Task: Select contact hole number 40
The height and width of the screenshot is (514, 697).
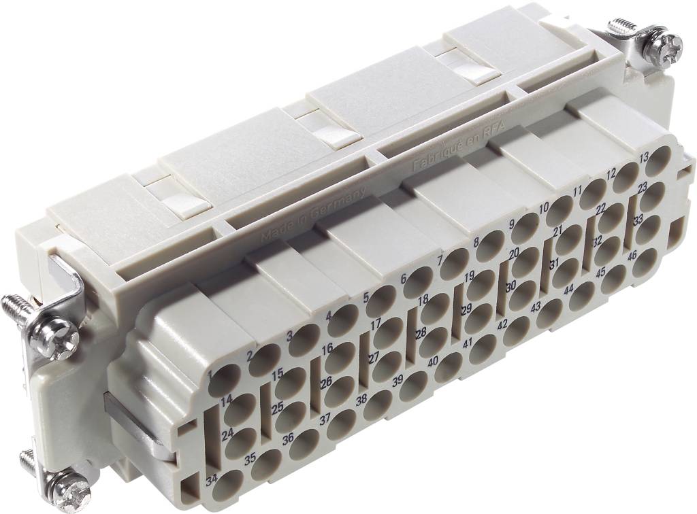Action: click(x=448, y=368)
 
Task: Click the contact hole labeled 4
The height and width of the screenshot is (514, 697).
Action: click(x=342, y=321)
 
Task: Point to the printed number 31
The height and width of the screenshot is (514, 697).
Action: click(x=555, y=264)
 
